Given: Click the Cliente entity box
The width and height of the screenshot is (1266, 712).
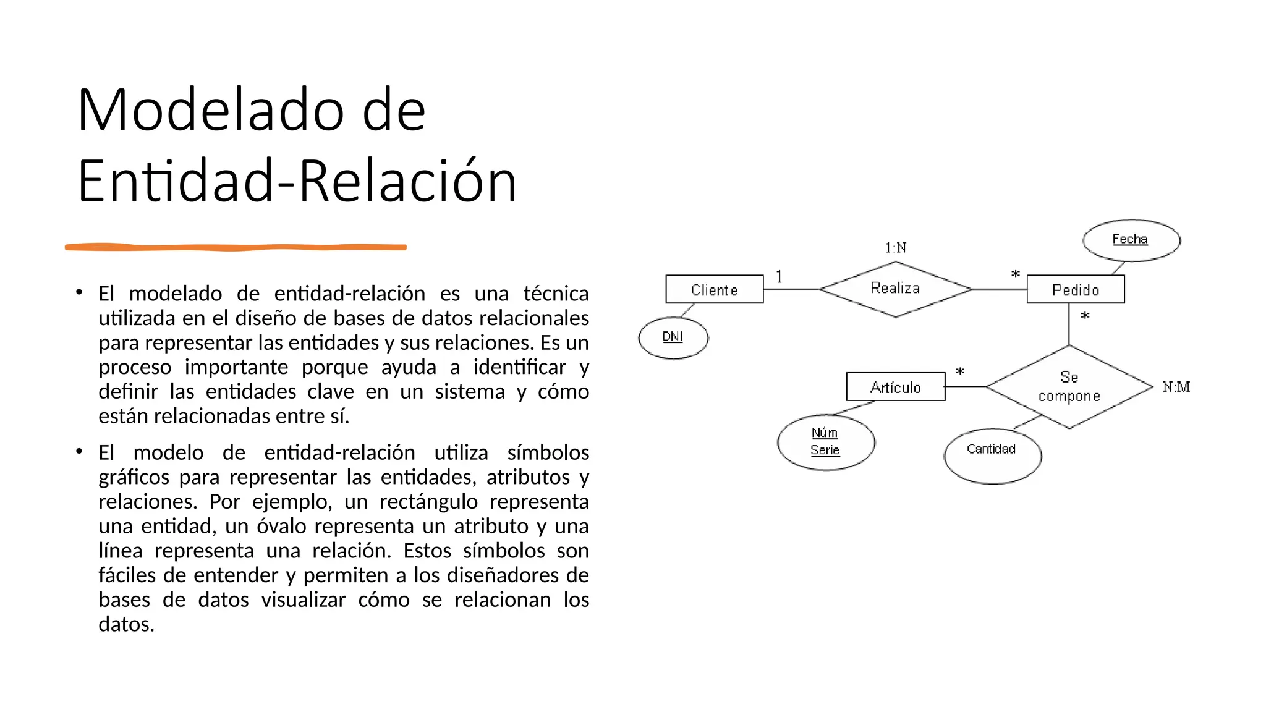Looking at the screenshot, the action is pos(714,289).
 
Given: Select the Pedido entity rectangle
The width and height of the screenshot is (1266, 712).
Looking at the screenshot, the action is pos(1075,289).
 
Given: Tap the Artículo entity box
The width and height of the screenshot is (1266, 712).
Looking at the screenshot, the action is pos(895,387).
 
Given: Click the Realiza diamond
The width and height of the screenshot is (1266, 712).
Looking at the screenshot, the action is pos(895,289).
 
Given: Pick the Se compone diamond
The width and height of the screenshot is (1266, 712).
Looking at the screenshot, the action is pos(1069,386).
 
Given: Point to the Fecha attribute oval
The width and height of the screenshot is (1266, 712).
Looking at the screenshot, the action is pos(1131,240).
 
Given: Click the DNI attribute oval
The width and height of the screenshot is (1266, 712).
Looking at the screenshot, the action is pos(673,337).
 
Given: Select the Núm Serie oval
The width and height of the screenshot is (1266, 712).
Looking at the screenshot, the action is pos(825,442).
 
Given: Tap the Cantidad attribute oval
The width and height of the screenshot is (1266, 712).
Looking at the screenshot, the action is pos(992,455).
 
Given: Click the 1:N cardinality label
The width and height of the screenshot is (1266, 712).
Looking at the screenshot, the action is pos(895,248).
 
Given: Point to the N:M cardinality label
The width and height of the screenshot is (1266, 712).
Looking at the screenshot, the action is pos(1176,387).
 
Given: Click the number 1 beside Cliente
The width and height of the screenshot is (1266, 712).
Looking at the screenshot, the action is pos(779,277).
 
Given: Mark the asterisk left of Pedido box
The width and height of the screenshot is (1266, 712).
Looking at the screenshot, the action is pos(1015,274).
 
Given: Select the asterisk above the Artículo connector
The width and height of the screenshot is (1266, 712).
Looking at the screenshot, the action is pos(959,371).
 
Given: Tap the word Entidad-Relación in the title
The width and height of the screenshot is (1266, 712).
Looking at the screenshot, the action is pos(297,182).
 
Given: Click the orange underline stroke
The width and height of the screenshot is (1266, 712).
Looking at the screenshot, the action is pos(236,247).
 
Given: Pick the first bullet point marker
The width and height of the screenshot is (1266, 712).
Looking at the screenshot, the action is pos(79,292).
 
